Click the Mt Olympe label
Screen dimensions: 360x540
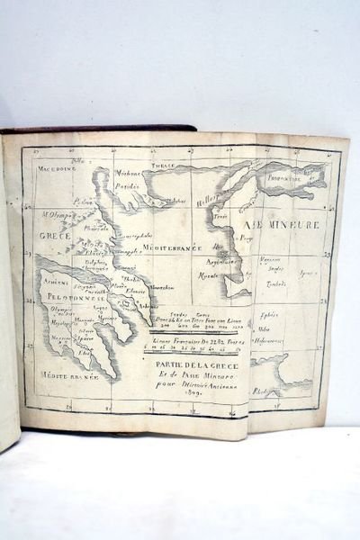tap(56, 215)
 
